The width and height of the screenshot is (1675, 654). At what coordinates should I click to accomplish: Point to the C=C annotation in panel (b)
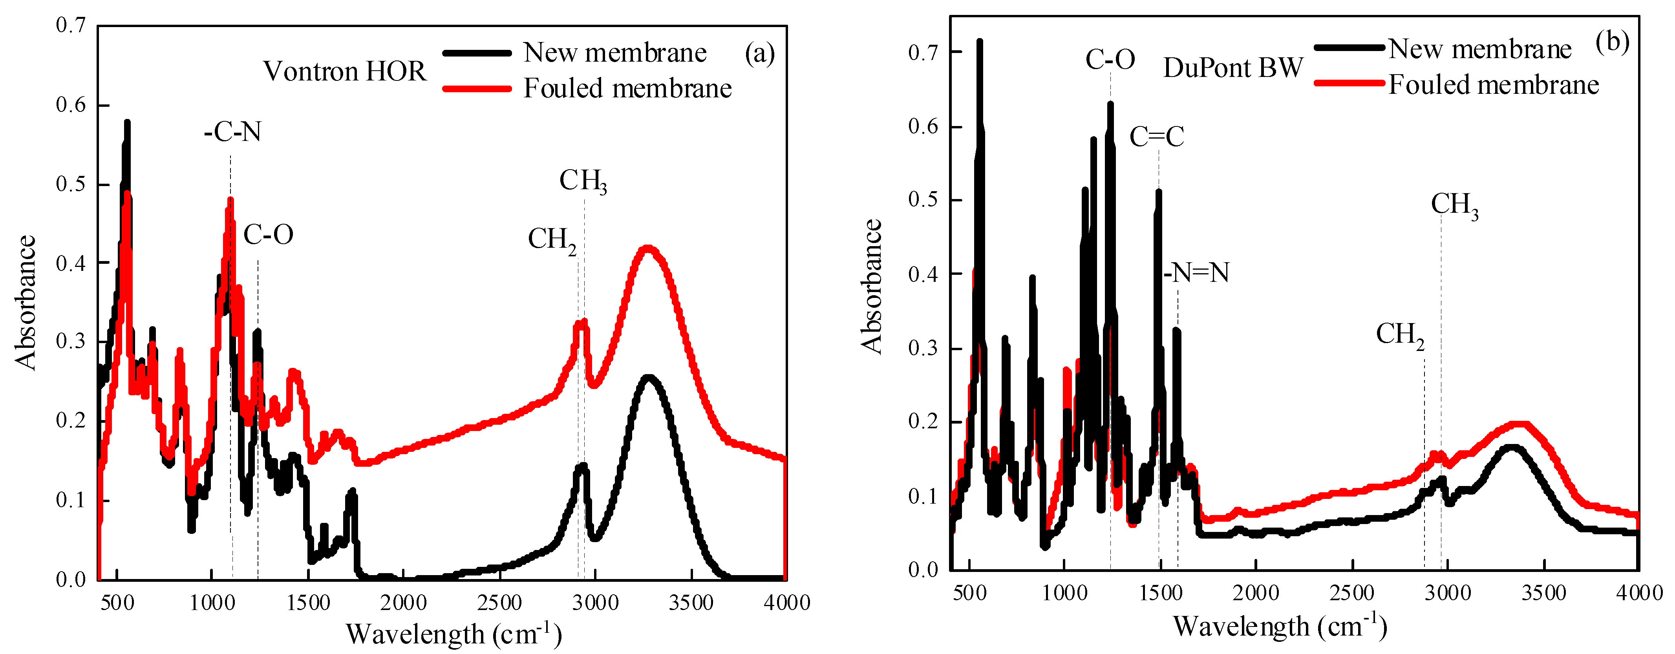tap(1157, 137)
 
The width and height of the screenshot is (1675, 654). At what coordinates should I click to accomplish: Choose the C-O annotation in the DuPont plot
tap(1110, 60)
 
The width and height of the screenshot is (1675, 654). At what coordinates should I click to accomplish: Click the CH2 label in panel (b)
tap(1399, 335)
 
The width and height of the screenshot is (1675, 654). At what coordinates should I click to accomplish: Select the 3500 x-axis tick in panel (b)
tap(1544, 593)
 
